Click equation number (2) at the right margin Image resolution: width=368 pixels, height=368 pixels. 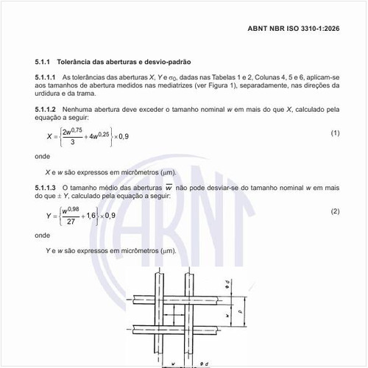click(335, 211)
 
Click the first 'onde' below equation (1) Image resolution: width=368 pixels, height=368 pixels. click(43, 156)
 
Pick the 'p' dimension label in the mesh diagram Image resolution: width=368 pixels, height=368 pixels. click(254, 311)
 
